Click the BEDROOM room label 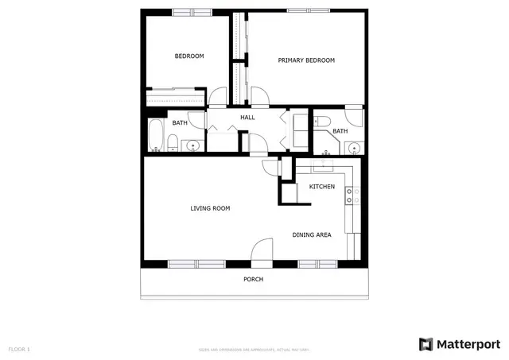189,56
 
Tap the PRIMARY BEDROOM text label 305,60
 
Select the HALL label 247,118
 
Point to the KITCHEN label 321,187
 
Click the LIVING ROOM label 210,208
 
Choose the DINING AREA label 312,234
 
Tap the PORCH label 253,279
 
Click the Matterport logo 459,343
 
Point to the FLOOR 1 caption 19,349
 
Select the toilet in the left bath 172,143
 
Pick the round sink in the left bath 192,145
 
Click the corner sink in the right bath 354,147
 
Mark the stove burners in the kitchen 354,195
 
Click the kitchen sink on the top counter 323,166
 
